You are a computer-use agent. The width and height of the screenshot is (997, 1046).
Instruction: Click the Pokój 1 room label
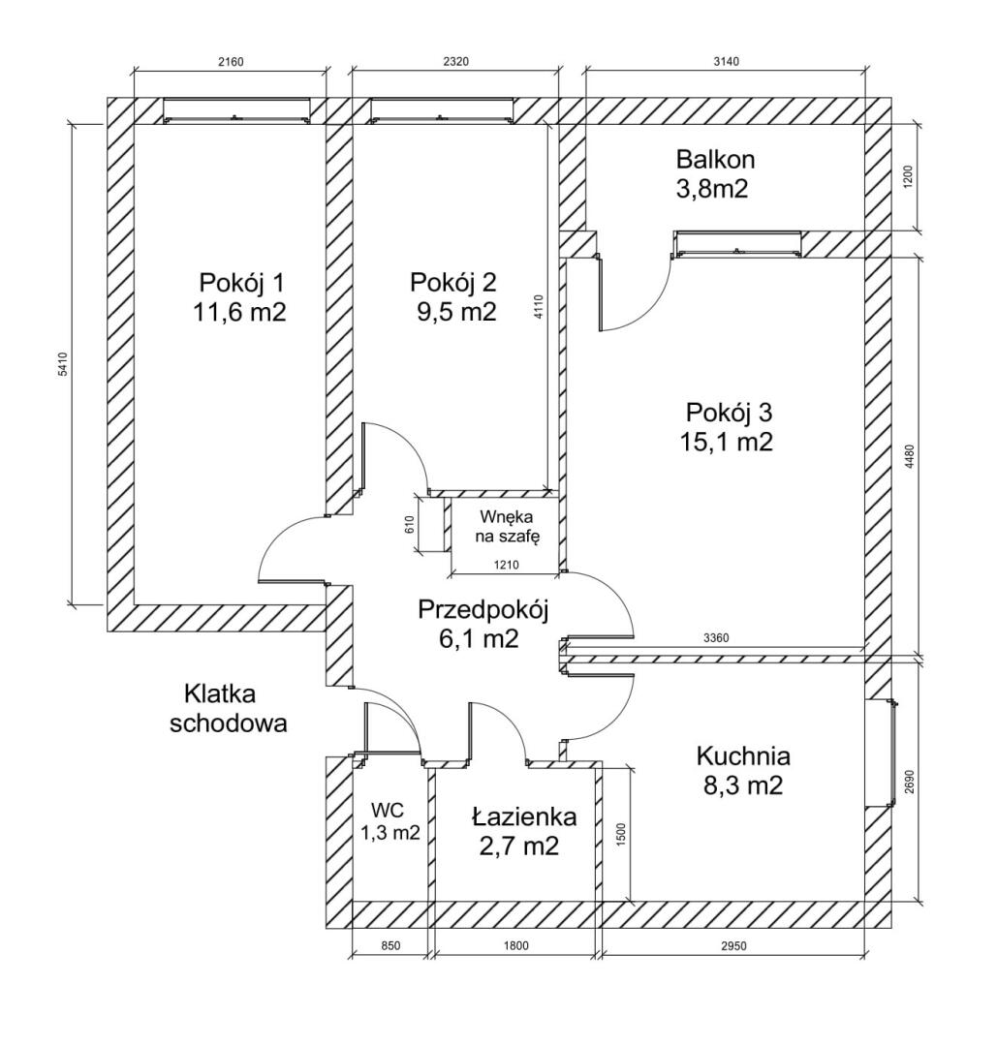click(241, 283)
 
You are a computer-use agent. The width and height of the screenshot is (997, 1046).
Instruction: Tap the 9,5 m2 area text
click(456, 312)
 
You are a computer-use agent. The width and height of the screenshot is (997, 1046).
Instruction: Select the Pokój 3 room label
click(729, 413)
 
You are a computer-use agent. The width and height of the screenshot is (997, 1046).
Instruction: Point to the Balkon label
click(715, 160)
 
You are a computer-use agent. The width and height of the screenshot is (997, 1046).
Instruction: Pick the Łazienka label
click(524, 815)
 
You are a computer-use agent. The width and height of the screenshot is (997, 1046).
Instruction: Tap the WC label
click(388, 811)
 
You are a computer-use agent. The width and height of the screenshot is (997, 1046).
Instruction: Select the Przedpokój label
click(483, 610)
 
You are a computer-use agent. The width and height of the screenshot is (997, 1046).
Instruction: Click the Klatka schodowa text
click(229, 708)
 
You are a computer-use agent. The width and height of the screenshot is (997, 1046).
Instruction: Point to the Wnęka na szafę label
click(507, 526)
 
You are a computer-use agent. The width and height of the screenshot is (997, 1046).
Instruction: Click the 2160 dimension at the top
click(231, 62)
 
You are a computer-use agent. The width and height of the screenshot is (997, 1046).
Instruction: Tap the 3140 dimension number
click(726, 62)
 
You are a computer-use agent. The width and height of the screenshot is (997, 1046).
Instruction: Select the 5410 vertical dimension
click(63, 364)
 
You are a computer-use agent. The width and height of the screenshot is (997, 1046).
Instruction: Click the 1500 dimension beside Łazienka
click(621, 834)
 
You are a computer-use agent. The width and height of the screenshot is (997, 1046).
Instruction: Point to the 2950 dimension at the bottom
click(733, 945)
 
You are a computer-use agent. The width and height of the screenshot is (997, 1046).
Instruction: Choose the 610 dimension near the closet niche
click(411, 524)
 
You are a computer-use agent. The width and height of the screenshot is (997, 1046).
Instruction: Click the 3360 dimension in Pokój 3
click(716, 638)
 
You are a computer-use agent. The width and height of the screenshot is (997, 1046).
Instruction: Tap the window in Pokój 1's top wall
click(237, 110)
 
